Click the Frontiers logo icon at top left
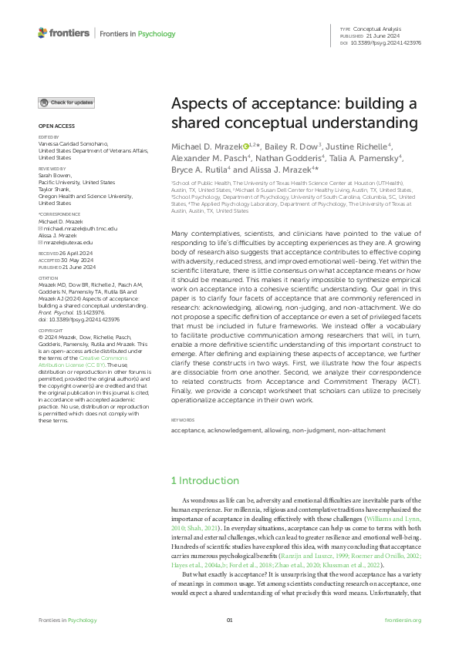click(x=42, y=33)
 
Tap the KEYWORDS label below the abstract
click(x=182, y=419)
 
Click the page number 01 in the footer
click(x=229, y=620)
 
